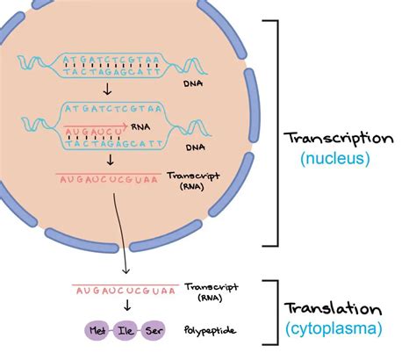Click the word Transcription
pyautogui.click(x=348, y=139)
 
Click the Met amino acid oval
pyautogui.click(x=97, y=331)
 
